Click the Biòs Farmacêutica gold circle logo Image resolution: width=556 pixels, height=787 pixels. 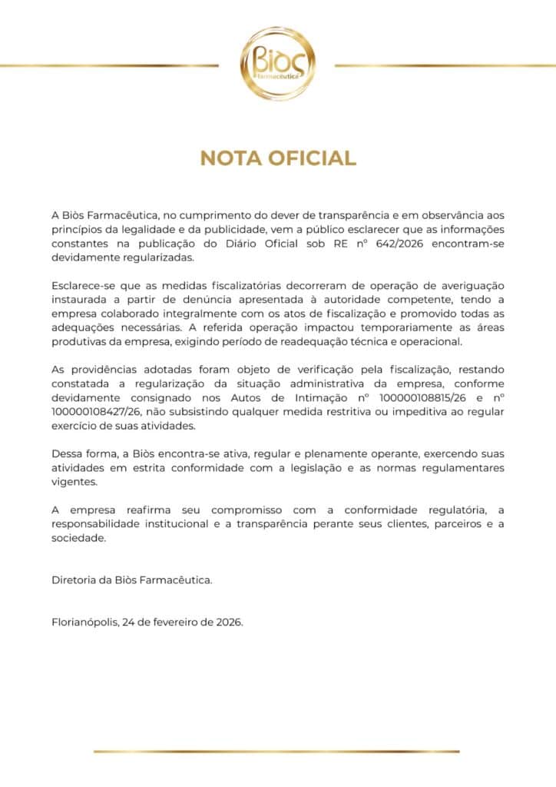point(277,65)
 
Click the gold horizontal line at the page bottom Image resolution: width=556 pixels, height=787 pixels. point(276,751)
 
